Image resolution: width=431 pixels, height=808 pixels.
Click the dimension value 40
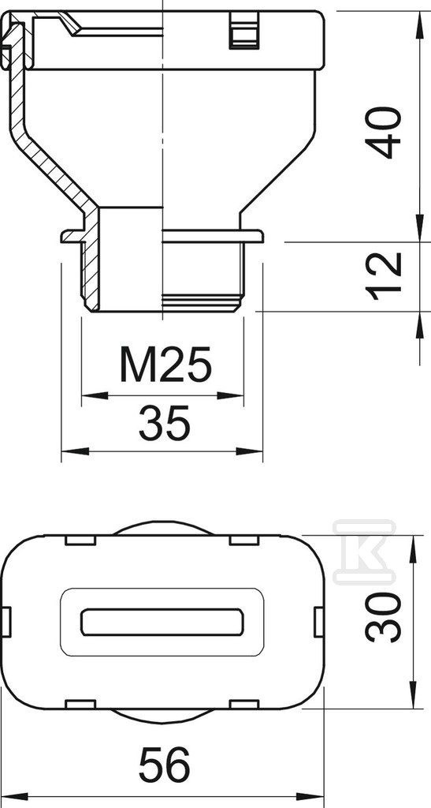click(x=383, y=133)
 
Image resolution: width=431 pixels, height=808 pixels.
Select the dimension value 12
click(x=383, y=276)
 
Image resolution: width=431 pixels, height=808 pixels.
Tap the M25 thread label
click(x=165, y=364)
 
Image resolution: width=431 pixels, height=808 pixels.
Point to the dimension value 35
click(x=165, y=423)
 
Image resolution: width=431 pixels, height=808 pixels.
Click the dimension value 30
click(x=383, y=617)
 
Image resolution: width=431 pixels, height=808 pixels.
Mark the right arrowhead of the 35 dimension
click(x=250, y=451)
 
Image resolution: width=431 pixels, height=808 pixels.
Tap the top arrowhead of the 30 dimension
click(x=413, y=549)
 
